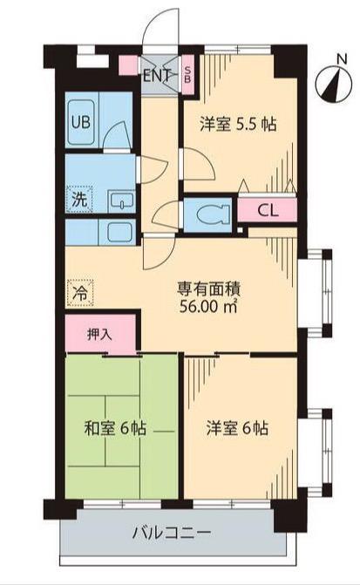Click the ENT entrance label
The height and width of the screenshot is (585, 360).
tap(157, 76)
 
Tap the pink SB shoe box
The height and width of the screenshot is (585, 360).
tap(188, 75)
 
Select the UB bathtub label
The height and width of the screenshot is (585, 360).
tap(81, 121)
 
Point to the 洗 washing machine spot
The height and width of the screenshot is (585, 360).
tap(79, 200)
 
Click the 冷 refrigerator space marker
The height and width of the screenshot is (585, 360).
tap(80, 293)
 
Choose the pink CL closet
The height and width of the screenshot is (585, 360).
tap(268, 211)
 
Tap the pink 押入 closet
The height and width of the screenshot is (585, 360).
tap(100, 334)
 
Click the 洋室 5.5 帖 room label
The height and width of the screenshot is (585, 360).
tap(238, 124)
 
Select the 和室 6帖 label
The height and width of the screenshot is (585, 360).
tap(115, 428)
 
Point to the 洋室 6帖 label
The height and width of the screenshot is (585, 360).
tap(237, 428)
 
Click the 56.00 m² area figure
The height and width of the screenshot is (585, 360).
tap(209, 306)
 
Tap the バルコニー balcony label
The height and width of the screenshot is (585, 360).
tap(172, 533)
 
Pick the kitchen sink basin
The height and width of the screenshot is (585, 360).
tap(120, 232)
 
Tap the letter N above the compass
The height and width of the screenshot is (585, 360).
tap(342, 59)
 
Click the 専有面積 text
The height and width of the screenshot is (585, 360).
tap(209, 289)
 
